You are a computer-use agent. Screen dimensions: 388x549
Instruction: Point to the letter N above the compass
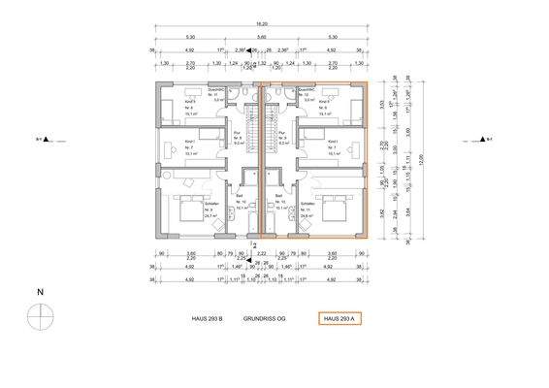39,291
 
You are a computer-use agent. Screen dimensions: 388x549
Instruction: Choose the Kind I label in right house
333,143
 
